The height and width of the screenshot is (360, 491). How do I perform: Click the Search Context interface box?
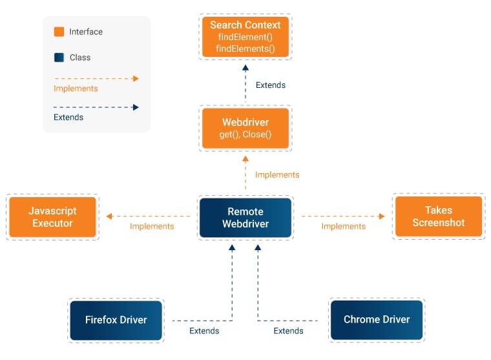pyautogui.click(x=245, y=36)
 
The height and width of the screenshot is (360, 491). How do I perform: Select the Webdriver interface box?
pyautogui.click(x=245, y=128)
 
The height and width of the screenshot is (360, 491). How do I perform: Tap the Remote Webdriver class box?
pyautogui.click(x=245, y=217)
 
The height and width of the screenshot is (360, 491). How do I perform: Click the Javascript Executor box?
pyautogui.click(x=52, y=217)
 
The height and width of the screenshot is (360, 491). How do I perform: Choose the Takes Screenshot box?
pyautogui.click(x=438, y=217)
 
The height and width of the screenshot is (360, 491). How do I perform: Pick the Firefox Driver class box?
pyautogui.click(x=116, y=320)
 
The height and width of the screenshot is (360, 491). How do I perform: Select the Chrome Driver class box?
pyautogui.click(x=376, y=320)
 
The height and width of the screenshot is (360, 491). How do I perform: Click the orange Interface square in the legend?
pyautogui.click(x=59, y=32)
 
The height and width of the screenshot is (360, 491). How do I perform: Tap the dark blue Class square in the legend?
pyautogui.click(x=59, y=58)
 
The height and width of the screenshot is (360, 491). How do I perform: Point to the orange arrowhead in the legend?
pyautogui.click(x=135, y=78)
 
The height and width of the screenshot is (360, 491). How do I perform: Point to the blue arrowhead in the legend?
pyautogui.click(x=135, y=107)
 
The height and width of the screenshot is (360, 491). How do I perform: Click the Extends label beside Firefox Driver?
pyautogui.click(x=204, y=331)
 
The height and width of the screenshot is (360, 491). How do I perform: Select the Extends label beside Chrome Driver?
pyautogui.click(x=288, y=331)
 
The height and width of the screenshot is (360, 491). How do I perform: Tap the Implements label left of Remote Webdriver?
pyautogui.click(x=152, y=226)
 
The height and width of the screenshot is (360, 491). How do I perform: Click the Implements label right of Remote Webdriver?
pyautogui.click(x=343, y=226)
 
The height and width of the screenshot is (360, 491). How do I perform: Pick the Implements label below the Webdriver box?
pyautogui.click(x=277, y=175)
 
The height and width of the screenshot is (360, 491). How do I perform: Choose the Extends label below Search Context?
pyautogui.click(x=270, y=85)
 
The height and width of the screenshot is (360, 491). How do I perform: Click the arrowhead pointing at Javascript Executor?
pyautogui.click(x=110, y=217)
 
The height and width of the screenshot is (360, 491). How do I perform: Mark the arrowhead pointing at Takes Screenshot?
pyautogui.click(x=381, y=217)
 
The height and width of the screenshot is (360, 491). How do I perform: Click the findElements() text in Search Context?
pyautogui.click(x=245, y=48)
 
